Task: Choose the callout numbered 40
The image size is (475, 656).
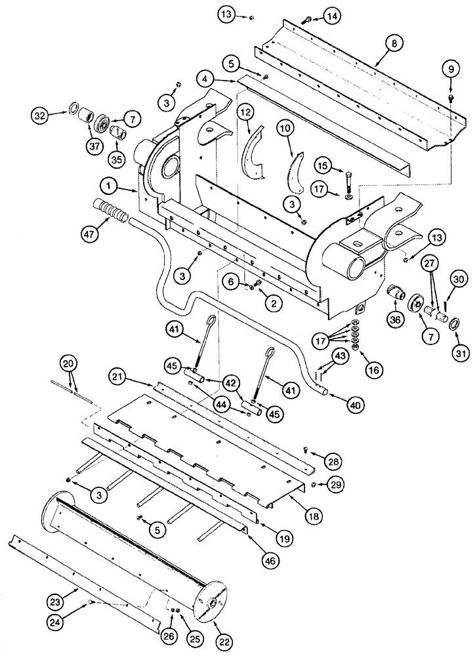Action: (354, 405)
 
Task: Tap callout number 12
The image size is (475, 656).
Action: (245, 114)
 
